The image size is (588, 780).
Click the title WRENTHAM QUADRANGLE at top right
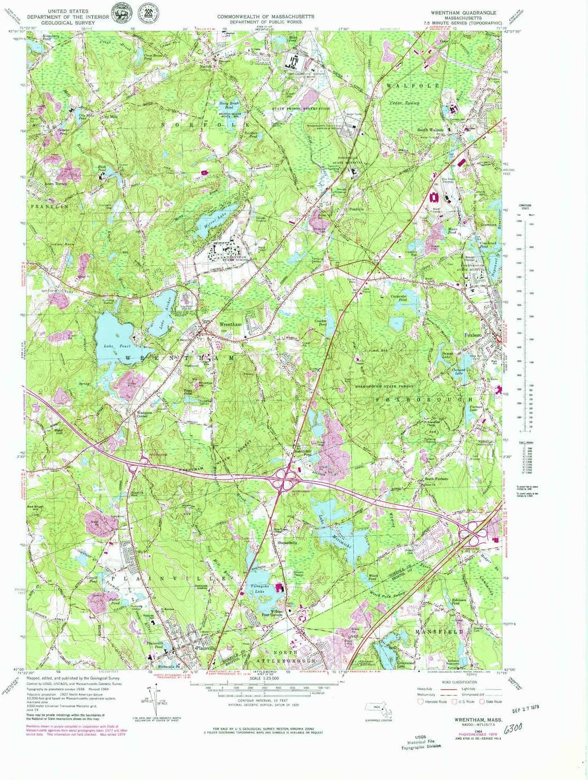463,12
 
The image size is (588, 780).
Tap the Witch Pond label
373,577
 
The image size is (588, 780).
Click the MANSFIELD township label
439,632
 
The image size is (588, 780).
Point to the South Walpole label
430,129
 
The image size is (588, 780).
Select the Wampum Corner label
144,414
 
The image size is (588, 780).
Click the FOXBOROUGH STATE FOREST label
384,386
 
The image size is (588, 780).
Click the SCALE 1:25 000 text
264,678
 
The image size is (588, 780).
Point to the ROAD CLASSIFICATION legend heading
459,682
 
